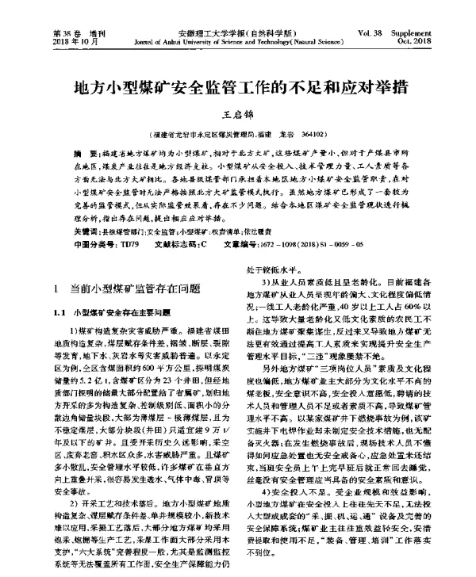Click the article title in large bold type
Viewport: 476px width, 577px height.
pos(238,86)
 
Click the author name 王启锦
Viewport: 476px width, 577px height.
pos(239,117)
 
